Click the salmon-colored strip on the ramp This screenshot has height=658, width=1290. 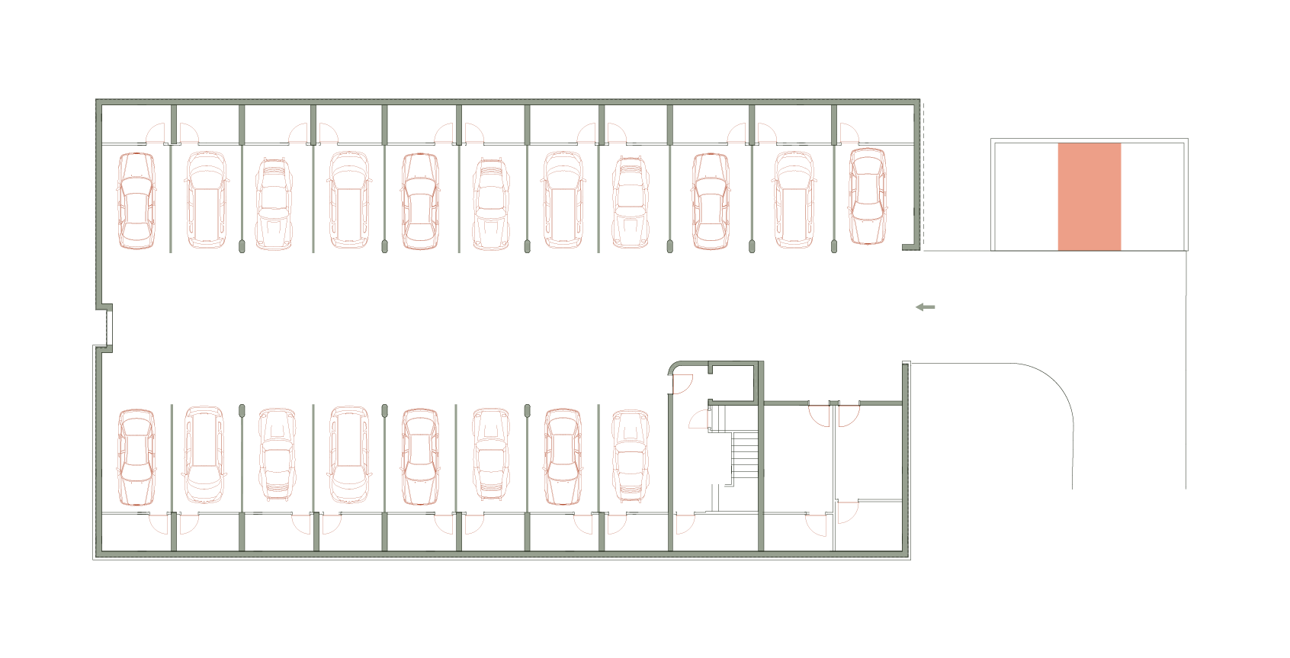(1089, 196)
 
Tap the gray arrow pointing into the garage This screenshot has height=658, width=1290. (925, 307)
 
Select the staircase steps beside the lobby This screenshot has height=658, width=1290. (745, 455)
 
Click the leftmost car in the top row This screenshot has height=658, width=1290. (136, 201)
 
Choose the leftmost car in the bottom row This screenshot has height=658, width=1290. (136, 457)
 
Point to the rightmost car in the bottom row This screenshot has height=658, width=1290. (630, 455)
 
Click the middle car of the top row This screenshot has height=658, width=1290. (491, 204)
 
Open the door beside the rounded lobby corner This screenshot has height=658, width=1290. (682, 384)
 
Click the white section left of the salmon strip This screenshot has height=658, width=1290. (1025, 196)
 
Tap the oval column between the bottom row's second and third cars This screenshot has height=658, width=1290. (242, 411)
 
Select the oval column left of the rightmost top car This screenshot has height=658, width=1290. (834, 246)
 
